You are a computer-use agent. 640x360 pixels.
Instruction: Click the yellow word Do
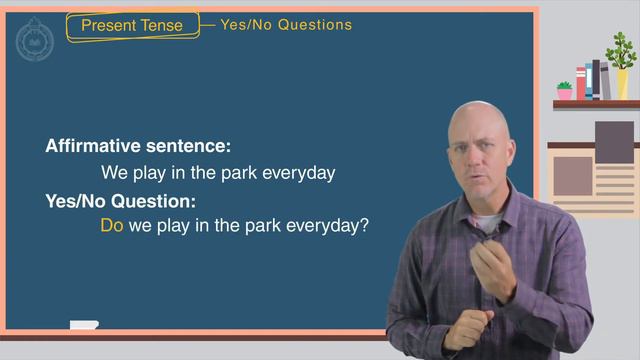(x=112, y=226)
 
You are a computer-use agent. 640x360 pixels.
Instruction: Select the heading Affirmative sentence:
(x=138, y=146)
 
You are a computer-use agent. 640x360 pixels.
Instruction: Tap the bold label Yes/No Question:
(x=120, y=200)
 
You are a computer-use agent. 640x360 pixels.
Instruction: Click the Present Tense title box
(x=132, y=25)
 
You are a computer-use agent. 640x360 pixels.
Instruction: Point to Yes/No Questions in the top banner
(x=286, y=25)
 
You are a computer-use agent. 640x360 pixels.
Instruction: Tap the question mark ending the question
(x=365, y=226)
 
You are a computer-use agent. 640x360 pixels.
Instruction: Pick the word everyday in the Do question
(x=323, y=226)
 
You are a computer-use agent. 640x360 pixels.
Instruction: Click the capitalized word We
(x=114, y=172)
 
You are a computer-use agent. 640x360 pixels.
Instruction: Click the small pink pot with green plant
(x=565, y=91)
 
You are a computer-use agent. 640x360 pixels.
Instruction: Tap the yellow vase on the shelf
(x=622, y=84)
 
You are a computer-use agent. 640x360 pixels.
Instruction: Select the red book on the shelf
(x=581, y=83)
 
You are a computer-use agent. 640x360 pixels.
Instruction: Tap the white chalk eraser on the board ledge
(x=84, y=325)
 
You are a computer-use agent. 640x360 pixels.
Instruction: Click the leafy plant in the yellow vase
(x=621, y=51)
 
